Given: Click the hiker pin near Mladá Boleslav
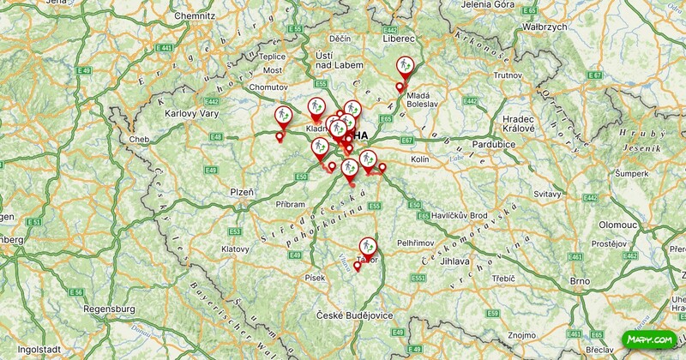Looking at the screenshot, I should coord(406,67).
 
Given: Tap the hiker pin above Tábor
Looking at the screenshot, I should coord(369,247).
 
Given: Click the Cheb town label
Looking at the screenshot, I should coord(139,139).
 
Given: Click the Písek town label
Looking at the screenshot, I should coord(314,278).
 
